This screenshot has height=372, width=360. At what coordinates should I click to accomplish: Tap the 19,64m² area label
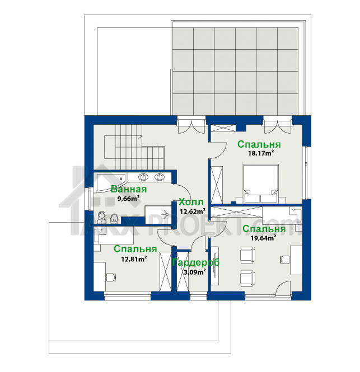click(263, 238)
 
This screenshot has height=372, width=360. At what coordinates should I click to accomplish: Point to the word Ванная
click(129, 189)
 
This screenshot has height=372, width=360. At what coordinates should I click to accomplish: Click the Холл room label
click(191, 203)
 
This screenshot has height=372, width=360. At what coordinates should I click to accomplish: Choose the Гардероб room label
click(196, 262)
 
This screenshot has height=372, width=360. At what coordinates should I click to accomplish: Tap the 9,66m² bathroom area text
click(128, 199)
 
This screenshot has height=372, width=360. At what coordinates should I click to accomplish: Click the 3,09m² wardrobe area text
click(195, 272)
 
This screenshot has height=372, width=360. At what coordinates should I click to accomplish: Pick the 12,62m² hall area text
click(193, 211)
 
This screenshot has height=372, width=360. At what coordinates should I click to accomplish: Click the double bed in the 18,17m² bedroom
click(260, 183)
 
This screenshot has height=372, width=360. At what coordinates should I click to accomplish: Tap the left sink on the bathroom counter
click(143, 177)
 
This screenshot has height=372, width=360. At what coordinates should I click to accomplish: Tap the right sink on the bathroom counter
click(159, 177)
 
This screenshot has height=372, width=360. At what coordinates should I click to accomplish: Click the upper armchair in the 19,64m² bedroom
click(247, 255)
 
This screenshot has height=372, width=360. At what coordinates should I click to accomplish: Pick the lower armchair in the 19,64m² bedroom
click(247, 279)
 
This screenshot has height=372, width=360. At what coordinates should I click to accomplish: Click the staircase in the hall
click(134, 147)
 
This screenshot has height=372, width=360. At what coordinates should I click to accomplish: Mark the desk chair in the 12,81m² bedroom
click(111, 277)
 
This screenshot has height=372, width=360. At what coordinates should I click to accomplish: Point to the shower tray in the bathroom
click(158, 214)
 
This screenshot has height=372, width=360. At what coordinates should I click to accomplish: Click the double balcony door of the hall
click(191, 126)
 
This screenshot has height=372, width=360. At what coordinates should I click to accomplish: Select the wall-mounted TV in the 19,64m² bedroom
click(215, 266)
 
